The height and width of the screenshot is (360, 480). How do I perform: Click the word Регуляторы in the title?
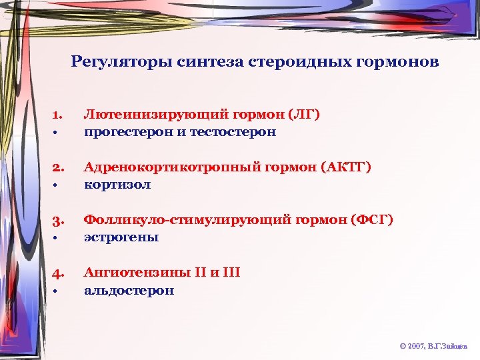click(122, 63)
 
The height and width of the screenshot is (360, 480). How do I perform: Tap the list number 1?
click(57, 116)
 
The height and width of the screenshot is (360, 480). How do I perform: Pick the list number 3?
click(57, 221)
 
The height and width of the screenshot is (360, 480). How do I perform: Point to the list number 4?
click(57, 273)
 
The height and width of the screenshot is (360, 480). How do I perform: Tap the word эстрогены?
click(121, 237)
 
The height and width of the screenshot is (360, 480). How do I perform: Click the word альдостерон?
click(129, 290)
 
